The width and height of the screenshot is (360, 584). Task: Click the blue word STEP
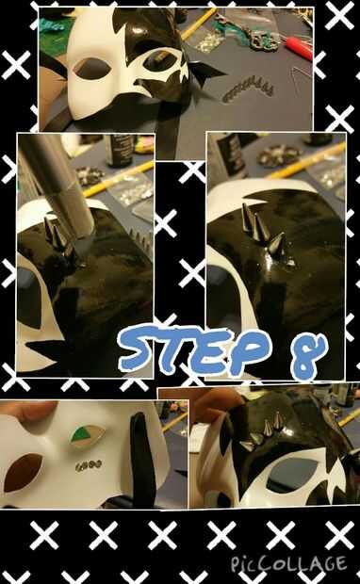coord(194,349)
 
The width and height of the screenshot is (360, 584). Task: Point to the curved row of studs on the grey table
coord(248,89)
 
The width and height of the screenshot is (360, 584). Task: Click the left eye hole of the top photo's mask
coord(92,68)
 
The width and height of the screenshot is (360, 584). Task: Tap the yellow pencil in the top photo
coord(198,24)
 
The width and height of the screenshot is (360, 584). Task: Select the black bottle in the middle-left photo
coord(120,150)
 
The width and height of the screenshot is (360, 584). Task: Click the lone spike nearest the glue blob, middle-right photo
coord(277,245)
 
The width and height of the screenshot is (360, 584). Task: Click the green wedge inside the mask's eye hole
coord(80,434)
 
